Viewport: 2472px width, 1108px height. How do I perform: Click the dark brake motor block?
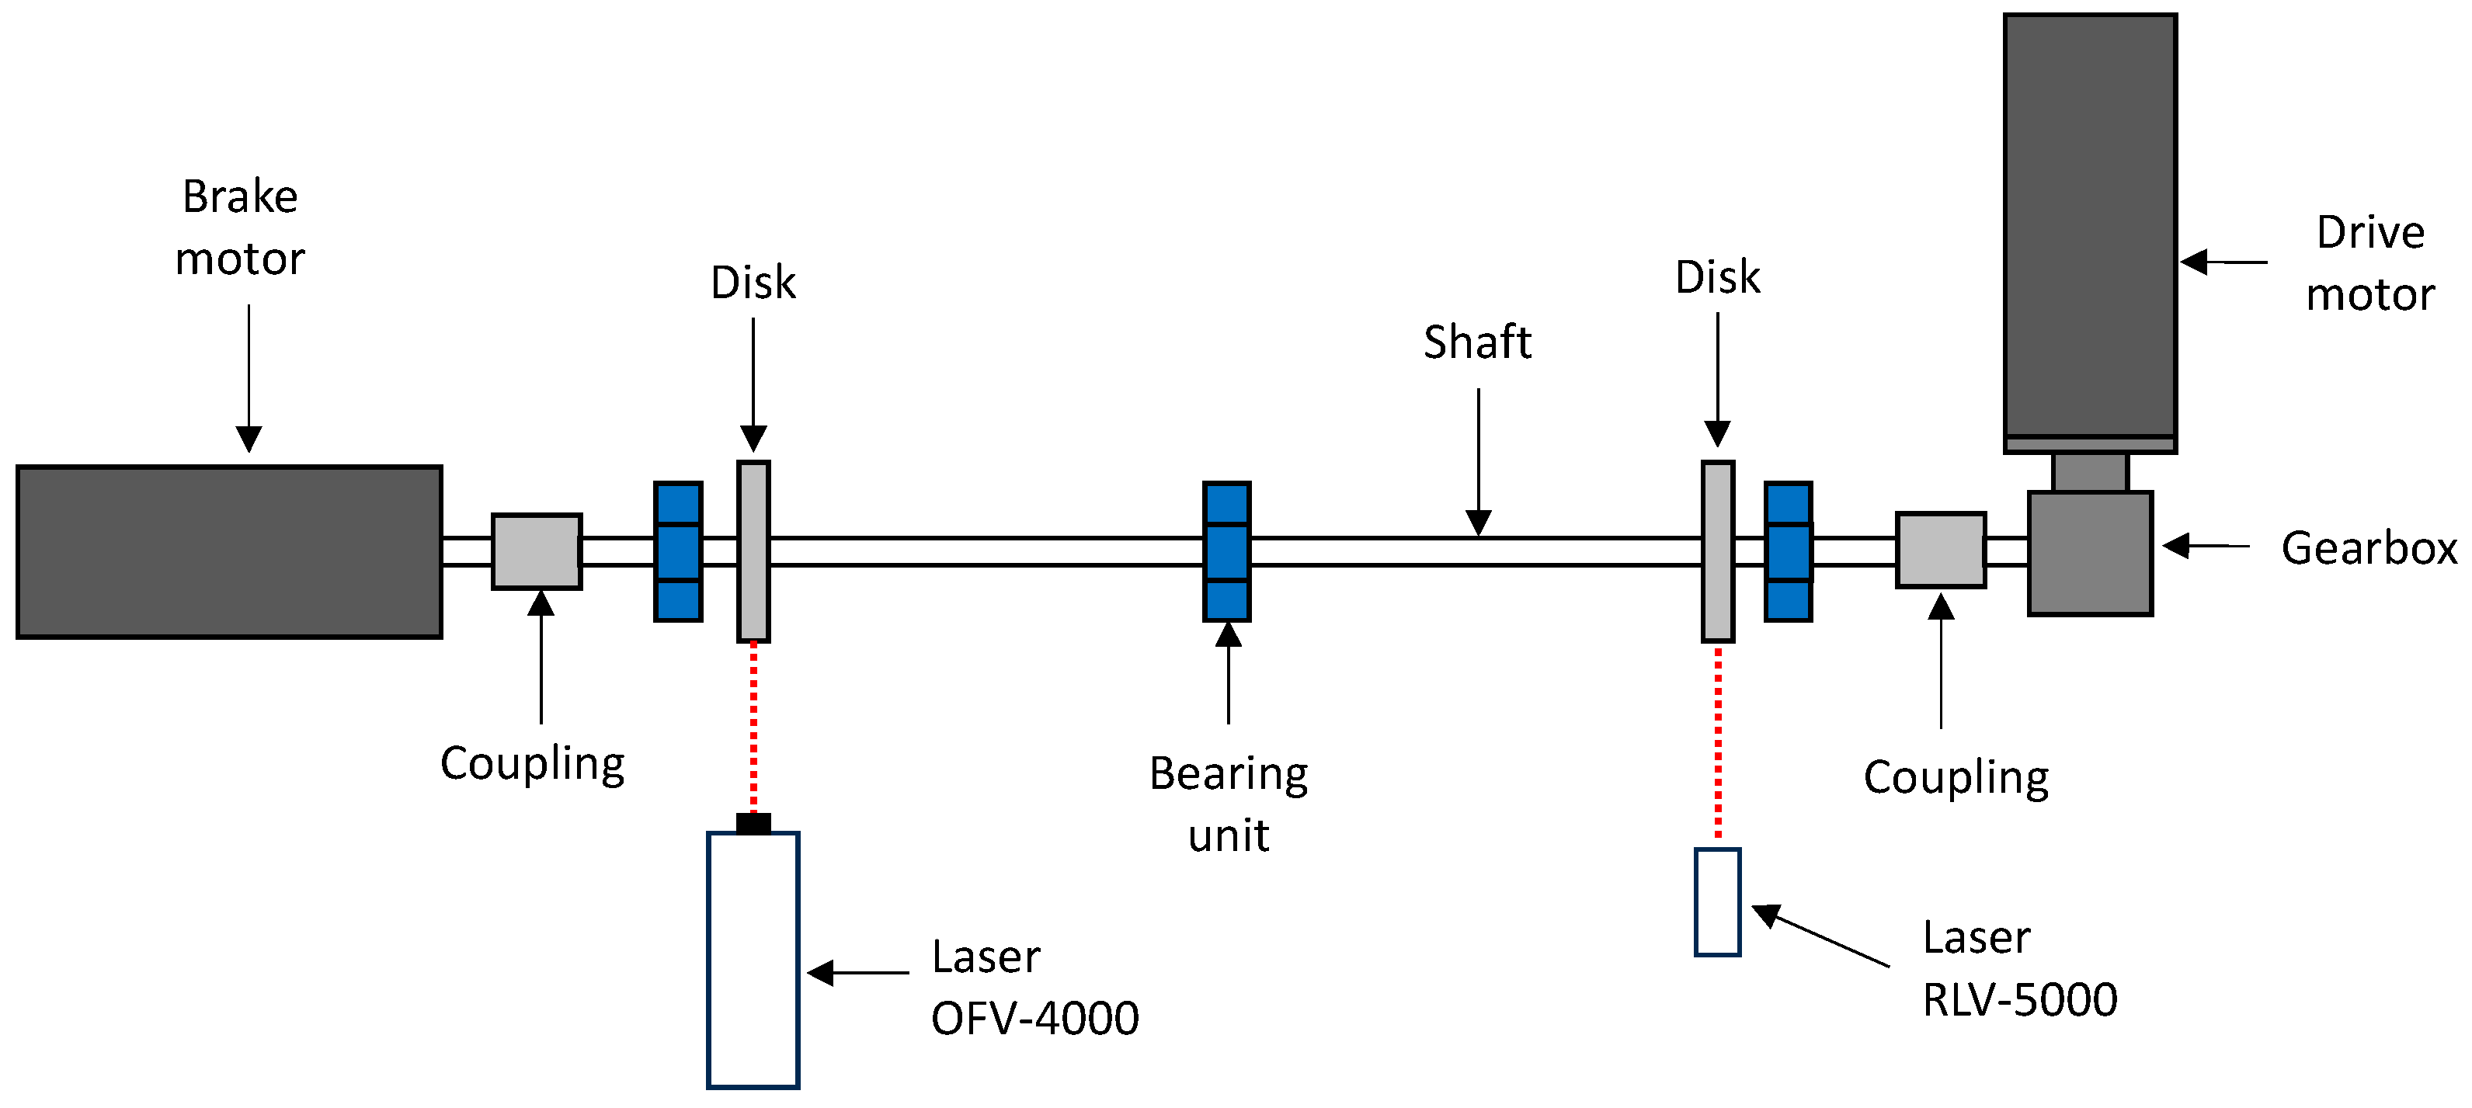pyautogui.click(x=229, y=551)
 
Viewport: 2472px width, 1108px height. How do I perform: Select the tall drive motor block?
pyautogui.click(x=2089, y=225)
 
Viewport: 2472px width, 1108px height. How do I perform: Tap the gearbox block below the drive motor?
pyautogui.click(x=2089, y=554)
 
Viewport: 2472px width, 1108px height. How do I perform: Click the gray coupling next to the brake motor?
pyautogui.click(x=537, y=551)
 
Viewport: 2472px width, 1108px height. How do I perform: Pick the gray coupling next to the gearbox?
pyautogui.click(x=1940, y=551)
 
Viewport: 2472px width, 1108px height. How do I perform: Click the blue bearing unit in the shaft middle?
pyautogui.click(x=1226, y=551)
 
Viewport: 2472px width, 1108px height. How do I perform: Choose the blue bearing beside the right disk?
pyautogui.click(x=1788, y=551)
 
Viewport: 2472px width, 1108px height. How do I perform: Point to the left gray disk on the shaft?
pyautogui.click(x=753, y=551)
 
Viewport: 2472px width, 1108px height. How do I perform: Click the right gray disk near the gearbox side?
pyautogui.click(x=1718, y=551)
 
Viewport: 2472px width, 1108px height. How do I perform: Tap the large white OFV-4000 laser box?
pyautogui.click(x=753, y=959)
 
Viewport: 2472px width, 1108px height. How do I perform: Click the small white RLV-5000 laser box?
pyautogui.click(x=1717, y=901)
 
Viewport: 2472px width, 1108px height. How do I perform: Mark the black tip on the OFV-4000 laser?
pyautogui.click(x=753, y=823)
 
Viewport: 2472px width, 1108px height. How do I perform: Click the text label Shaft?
pyautogui.click(x=1477, y=342)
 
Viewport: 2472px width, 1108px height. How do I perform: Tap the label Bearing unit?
pyautogui.click(x=1229, y=804)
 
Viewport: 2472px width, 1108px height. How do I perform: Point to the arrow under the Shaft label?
pyautogui.click(x=1478, y=460)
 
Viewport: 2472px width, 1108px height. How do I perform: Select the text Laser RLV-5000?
pyautogui.click(x=2019, y=969)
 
